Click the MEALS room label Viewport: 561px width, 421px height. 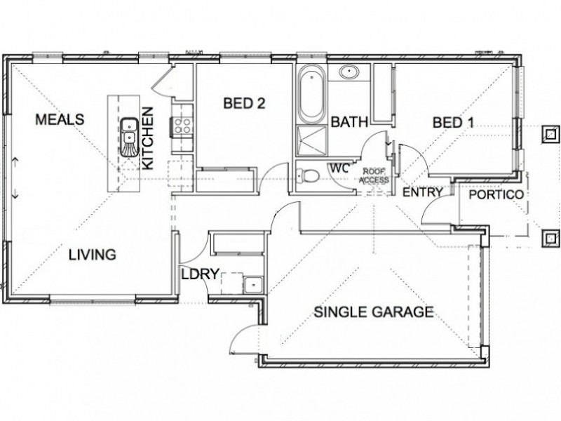60,119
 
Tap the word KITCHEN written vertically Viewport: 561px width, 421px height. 148,138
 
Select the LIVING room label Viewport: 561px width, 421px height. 92,255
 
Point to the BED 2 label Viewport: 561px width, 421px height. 244,104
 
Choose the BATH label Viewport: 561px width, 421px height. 349,123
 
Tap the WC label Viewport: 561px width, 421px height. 340,169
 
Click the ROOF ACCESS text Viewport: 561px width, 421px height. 373,175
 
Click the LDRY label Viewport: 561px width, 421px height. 201,274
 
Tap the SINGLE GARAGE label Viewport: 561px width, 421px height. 373,312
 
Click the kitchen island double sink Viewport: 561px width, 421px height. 128,137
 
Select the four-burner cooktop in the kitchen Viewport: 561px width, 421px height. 183,127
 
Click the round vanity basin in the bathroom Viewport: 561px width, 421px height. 349,72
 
